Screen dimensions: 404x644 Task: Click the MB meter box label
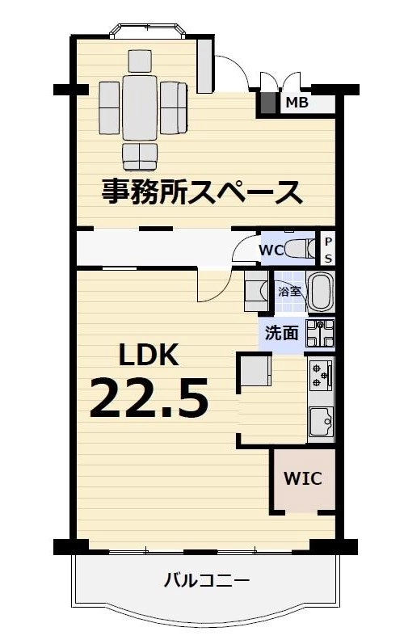click(297, 103)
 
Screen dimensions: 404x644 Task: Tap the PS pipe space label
click(328, 250)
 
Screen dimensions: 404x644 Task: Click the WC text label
click(271, 250)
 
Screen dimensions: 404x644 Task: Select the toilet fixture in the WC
click(300, 249)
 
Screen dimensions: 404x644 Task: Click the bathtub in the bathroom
click(321, 293)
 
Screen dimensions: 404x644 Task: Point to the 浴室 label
click(289, 292)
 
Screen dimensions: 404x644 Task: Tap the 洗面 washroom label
click(281, 333)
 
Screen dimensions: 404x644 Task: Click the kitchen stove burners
click(321, 374)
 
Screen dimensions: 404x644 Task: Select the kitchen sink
click(322, 422)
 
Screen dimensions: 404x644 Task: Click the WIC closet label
click(303, 478)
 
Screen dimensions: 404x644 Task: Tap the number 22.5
click(149, 398)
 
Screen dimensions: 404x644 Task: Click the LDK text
click(149, 355)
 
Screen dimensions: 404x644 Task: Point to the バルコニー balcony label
click(207, 580)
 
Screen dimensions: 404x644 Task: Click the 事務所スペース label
click(202, 192)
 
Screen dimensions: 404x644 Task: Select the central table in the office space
click(140, 108)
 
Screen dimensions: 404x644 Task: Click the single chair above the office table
click(140, 61)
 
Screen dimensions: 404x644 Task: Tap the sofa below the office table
click(140, 157)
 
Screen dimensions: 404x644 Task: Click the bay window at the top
click(148, 32)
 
